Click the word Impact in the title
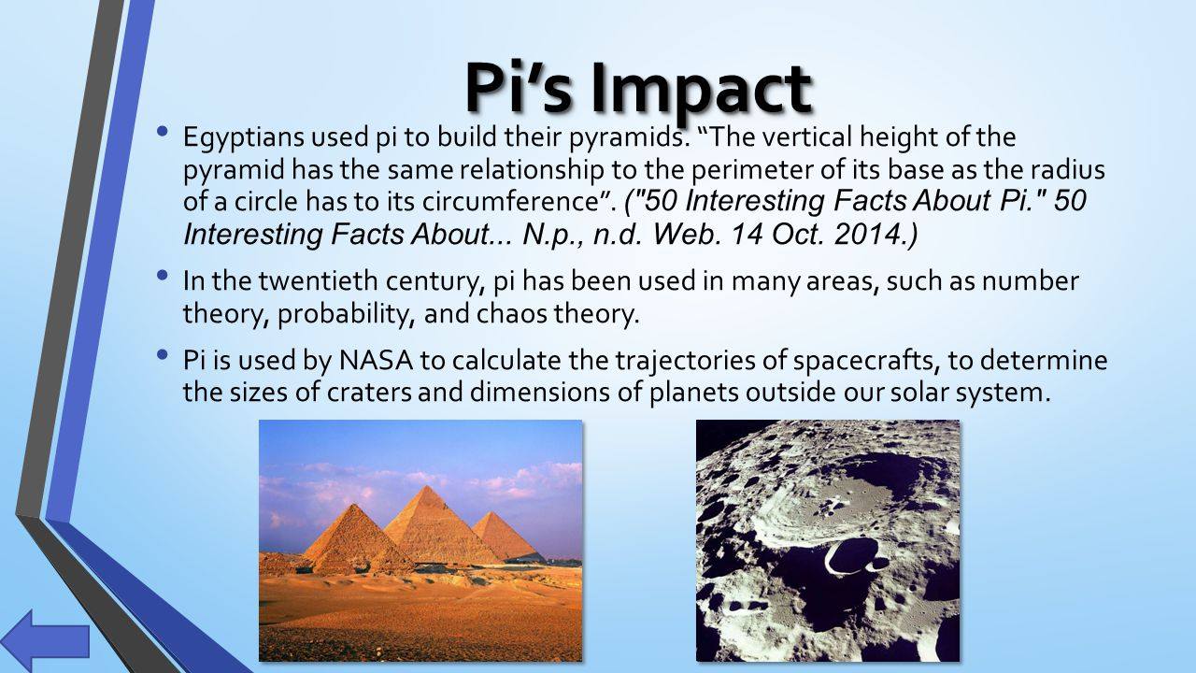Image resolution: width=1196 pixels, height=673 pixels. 701,89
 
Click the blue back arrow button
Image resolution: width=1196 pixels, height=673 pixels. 45,641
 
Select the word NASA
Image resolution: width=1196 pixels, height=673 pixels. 376,360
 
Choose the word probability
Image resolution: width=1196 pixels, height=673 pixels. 343,315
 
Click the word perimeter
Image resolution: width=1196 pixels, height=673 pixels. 749,170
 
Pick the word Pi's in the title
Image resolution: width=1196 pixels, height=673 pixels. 524,89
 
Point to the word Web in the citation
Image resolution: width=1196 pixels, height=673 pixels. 687,234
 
